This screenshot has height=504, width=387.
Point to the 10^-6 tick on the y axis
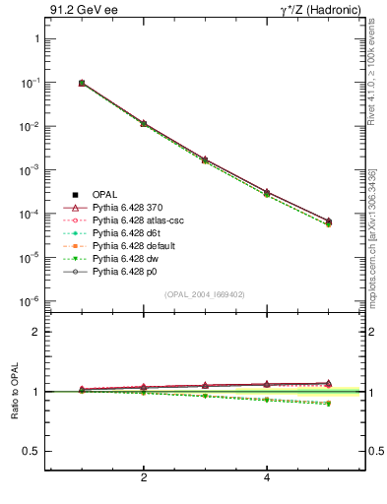tap(31, 301)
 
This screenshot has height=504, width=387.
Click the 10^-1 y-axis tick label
tap(31, 83)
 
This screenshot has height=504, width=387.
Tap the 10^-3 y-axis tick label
tap(31, 170)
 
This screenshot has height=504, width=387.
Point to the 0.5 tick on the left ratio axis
tap(31, 451)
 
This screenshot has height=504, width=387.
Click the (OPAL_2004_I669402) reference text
tap(205, 293)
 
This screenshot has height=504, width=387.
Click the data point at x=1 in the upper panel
tap(82, 83)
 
